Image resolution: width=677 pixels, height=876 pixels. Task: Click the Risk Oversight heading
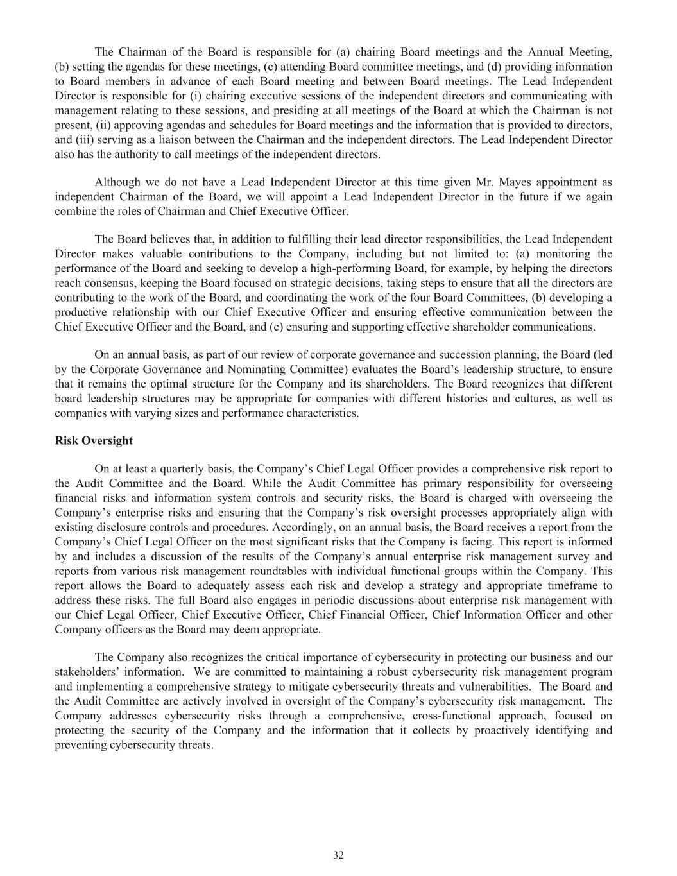94,441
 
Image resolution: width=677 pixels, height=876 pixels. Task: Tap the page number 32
338,855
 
